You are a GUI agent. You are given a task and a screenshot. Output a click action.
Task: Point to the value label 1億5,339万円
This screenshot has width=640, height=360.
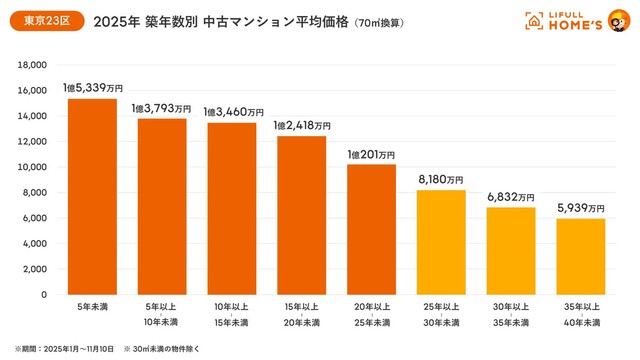[x=92, y=89]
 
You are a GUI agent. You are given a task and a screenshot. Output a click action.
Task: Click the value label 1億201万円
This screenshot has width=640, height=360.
[x=371, y=155]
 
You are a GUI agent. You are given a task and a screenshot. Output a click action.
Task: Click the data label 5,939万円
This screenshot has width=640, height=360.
[x=580, y=209]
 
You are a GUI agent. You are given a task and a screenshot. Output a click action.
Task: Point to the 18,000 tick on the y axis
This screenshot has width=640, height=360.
[x=33, y=64]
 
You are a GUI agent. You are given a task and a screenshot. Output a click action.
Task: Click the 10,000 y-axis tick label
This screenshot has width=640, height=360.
[x=33, y=167]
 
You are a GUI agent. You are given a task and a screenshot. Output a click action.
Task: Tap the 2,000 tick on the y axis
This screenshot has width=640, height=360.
[x=36, y=269]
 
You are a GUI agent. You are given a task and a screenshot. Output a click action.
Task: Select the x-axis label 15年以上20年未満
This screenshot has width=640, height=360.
[x=301, y=316]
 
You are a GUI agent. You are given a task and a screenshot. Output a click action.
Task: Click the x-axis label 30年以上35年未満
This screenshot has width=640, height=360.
[x=510, y=316]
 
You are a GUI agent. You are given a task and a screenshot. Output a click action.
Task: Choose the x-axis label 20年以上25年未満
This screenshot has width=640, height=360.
[x=371, y=316]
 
